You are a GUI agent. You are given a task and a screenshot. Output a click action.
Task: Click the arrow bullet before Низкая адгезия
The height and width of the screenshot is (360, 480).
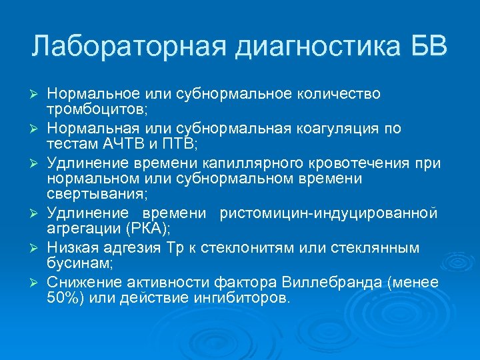click(x=37, y=249)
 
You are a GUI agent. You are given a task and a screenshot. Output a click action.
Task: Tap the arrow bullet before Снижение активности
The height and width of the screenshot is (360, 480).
click(x=37, y=283)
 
